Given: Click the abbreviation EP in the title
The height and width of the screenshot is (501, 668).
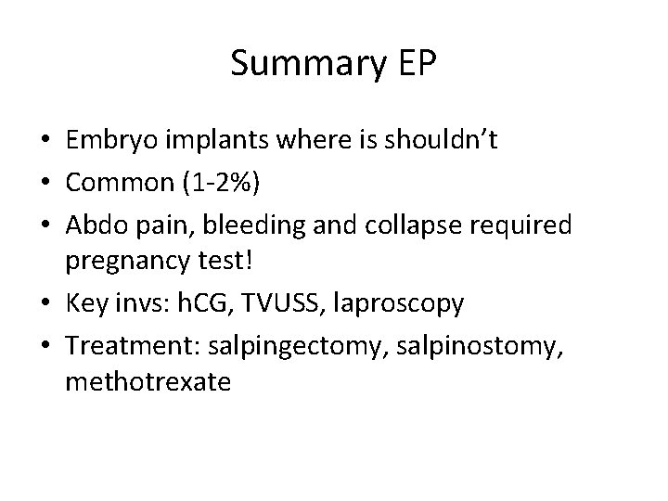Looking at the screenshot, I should [x=420, y=64].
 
